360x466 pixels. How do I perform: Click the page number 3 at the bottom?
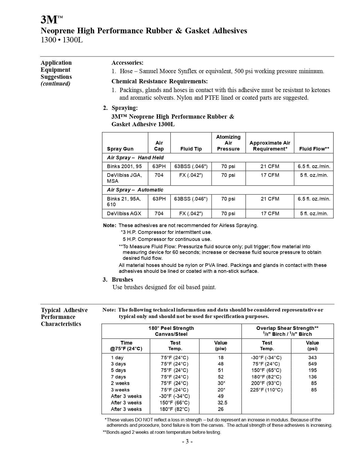(187, 441)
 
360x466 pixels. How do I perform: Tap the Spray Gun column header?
(120, 149)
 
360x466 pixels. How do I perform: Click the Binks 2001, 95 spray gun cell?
(124, 166)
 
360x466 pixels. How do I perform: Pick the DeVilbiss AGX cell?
(124, 214)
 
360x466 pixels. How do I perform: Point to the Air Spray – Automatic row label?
(135, 190)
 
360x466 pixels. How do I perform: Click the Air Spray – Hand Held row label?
(135, 158)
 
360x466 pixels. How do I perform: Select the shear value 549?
(312, 364)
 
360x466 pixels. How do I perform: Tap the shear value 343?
(312, 357)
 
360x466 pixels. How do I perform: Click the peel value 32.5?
(222, 403)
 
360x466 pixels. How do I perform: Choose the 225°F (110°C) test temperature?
(266, 390)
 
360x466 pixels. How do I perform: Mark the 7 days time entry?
(118, 377)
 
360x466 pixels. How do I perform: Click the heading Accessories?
(127, 63)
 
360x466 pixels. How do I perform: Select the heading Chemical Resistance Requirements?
(160, 81)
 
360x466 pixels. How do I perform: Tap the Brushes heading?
(122, 280)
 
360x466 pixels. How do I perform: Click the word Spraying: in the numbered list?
(125, 108)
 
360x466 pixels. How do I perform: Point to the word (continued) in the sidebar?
(55, 84)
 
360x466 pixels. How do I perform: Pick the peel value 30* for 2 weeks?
(221, 383)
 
